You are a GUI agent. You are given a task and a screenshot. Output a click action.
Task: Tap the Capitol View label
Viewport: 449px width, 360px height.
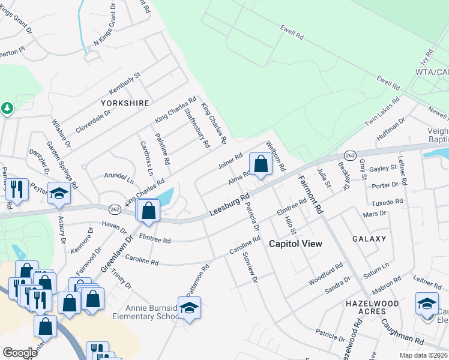(295, 244)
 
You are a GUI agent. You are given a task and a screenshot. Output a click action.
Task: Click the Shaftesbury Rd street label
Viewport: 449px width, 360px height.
(197, 127)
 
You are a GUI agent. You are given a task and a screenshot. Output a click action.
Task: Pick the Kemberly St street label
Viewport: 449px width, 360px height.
(124, 83)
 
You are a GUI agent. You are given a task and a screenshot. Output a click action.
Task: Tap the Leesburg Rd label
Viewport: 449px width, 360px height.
(229, 206)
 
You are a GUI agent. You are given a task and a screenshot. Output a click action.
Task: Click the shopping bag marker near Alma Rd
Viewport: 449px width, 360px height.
(261, 164)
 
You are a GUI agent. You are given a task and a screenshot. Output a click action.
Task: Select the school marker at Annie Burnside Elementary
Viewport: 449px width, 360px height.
(189, 308)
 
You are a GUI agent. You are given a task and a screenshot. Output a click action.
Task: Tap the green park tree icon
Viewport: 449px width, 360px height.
(7, 109)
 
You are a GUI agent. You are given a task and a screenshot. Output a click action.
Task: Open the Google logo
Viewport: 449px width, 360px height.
(20, 353)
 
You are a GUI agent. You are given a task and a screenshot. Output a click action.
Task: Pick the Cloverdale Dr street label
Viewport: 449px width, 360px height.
(93, 121)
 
